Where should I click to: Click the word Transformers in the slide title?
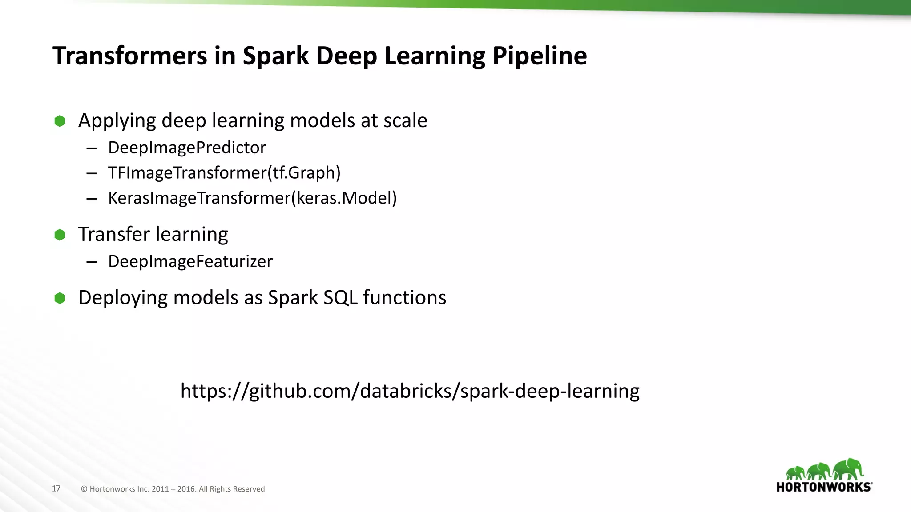[130, 56]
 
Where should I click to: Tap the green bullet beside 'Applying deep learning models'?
[60, 121]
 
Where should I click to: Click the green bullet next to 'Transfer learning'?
[60, 235]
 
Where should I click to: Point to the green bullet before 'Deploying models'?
[60, 298]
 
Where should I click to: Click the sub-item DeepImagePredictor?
[187, 148]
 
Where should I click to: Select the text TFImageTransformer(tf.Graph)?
[224, 173]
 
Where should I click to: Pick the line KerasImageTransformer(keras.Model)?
[252, 198]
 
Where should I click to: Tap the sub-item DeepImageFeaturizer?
[190, 261]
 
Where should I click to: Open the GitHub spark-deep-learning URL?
[410, 391]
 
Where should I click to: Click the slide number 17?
[56, 488]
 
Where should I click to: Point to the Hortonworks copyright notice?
[173, 489]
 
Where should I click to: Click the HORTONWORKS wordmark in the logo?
[824, 487]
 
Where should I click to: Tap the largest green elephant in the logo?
[848, 469]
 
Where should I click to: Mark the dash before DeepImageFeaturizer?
[92, 262]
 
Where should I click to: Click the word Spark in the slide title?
[275, 56]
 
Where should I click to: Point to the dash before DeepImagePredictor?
[92, 148]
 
